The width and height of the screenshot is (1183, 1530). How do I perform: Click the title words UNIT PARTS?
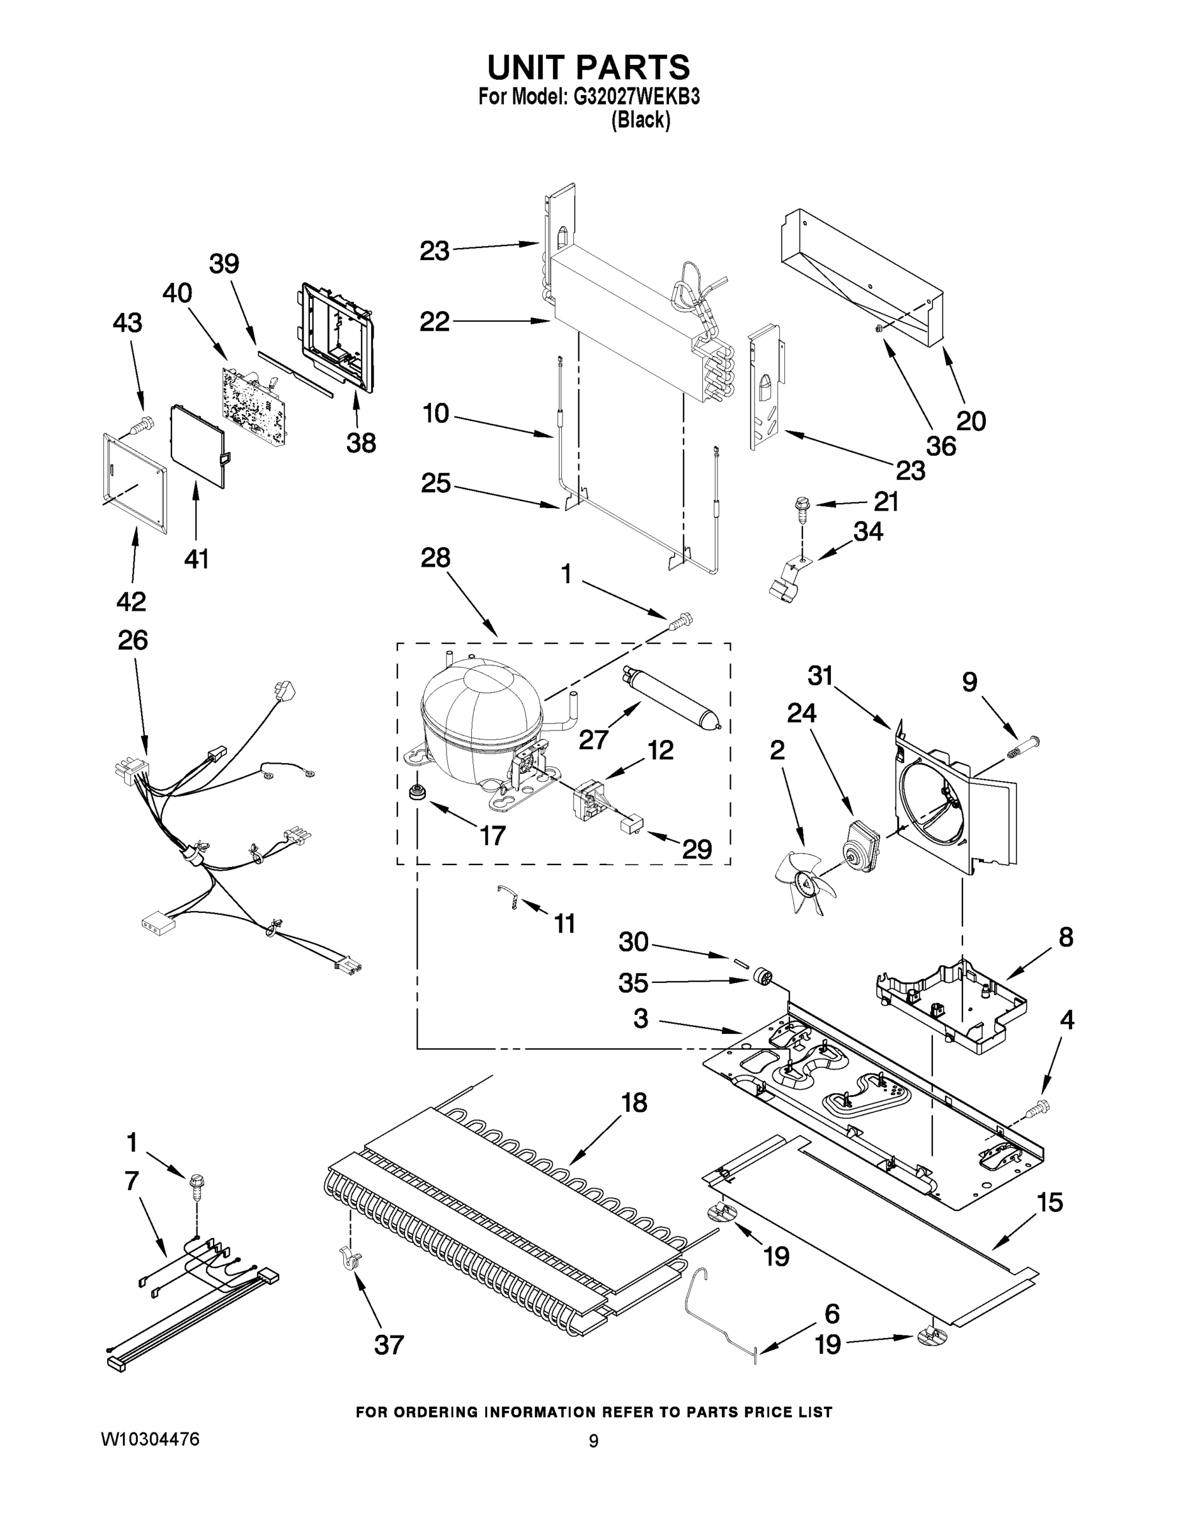coord(588,68)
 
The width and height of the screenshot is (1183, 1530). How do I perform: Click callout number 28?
coord(435,558)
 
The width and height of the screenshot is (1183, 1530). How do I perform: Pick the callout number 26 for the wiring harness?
coord(133,640)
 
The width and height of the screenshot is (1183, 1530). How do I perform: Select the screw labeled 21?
coord(800,509)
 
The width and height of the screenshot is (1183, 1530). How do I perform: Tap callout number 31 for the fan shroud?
coord(820,676)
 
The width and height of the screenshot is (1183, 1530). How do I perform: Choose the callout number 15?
coord(1049,1202)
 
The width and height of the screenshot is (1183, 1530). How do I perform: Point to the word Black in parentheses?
coord(640,120)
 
